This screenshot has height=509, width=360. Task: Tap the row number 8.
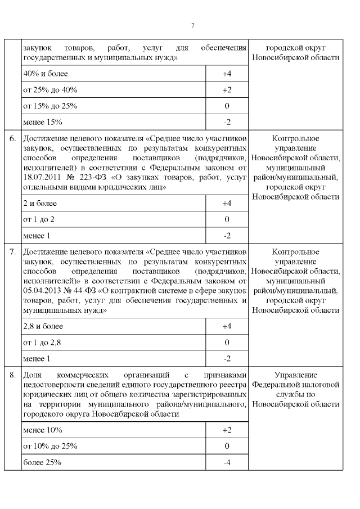point(12,375)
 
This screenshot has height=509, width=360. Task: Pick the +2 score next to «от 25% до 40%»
point(227,90)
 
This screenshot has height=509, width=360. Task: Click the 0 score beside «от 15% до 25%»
point(227,106)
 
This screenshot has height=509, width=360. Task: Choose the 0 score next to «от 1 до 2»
point(227,219)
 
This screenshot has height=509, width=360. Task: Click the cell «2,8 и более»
point(43,326)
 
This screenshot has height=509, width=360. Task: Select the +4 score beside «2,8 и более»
point(227,326)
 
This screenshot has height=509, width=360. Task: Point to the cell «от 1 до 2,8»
point(42,342)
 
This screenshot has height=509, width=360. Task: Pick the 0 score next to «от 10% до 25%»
point(227,446)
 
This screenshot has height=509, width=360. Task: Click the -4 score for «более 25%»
point(227,462)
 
